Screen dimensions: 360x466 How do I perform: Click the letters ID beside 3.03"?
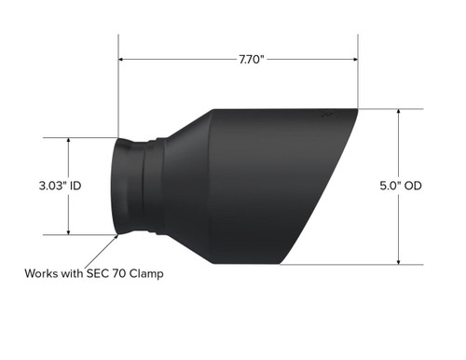[76, 187]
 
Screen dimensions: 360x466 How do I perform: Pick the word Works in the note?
[42, 274]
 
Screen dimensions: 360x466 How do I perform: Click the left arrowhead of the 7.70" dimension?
[122, 59]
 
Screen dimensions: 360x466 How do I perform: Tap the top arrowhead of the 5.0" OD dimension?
[399, 112]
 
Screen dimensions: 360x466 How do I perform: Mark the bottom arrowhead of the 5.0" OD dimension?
[399, 261]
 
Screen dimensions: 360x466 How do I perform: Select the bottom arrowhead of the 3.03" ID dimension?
[69, 231]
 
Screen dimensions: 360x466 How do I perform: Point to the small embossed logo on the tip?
[327, 117]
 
